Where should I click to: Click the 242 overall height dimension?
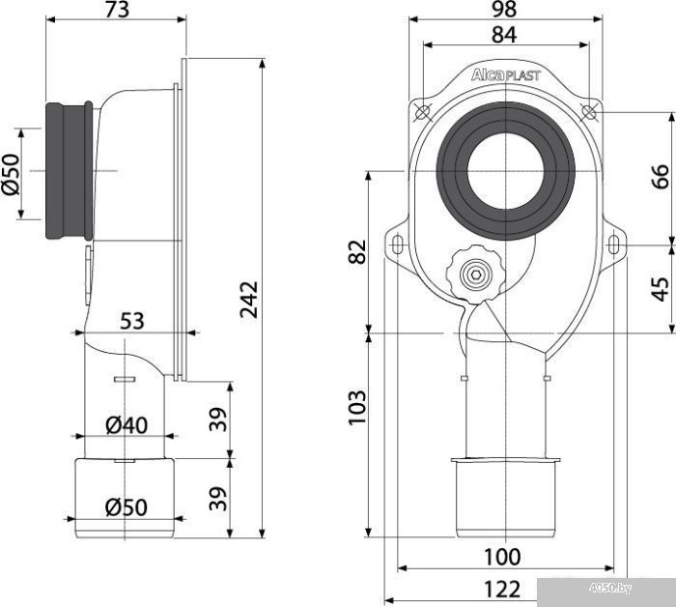click(x=249, y=300)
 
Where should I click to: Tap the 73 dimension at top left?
click(x=117, y=10)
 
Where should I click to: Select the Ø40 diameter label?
click(x=127, y=425)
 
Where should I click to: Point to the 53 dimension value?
click(x=132, y=321)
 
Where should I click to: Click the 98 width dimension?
click(x=504, y=10)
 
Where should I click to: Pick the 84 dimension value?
click(x=504, y=35)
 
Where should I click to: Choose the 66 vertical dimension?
click(x=660, y=176)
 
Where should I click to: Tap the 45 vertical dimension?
click(x=660, y=289)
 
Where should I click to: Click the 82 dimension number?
click(x=357, y=251)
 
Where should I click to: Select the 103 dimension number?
click(x=357, y=408)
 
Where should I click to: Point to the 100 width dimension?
click(x=502, y=557)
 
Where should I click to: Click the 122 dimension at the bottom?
click(x=502, y=590)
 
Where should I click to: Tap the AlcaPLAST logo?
click(x=505, y=75)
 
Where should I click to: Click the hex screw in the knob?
click(x=474, y=275)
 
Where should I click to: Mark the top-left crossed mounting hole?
click(x=422, y=112)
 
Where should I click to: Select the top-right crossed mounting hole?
click(x=589, y=111)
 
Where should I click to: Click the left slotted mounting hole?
click(x=397, y=246)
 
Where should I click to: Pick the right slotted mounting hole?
click(x=612, y=246)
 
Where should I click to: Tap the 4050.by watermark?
click(x=611, y=588)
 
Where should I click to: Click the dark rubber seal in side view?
click(x=69, y=171)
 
